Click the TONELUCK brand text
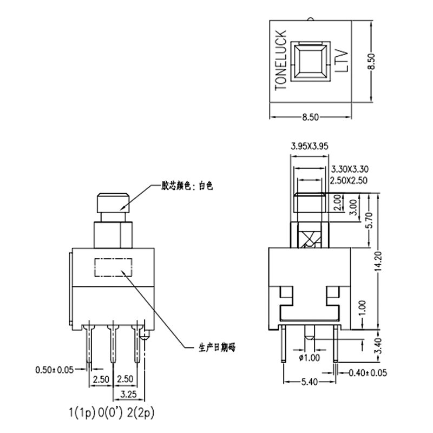(x=281, y=60)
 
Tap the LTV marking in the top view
(x=342, y=61)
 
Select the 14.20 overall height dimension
(x=378, y=261)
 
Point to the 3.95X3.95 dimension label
(x=310, y=146)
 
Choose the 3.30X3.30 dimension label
(x=350, y=169)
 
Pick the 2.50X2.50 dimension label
(x=349, y=180)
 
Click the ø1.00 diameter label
(x=309, y=358)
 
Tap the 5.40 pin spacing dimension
(x=310, y=382)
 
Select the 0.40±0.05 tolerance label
(x=368, y=373)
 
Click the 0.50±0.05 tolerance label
(x=55, y=370)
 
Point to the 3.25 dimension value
(x=129, y=395)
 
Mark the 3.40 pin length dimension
(x=379, y=346)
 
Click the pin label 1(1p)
(x=82, y=413)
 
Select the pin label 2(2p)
(x=140, y=413)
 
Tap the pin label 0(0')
(x=110, y=413)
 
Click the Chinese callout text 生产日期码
(x=217, y=347)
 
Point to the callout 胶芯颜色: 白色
(x=187, y=186)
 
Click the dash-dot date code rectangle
(x=113, y=267)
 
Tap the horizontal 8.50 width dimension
(x=310, y=117)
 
